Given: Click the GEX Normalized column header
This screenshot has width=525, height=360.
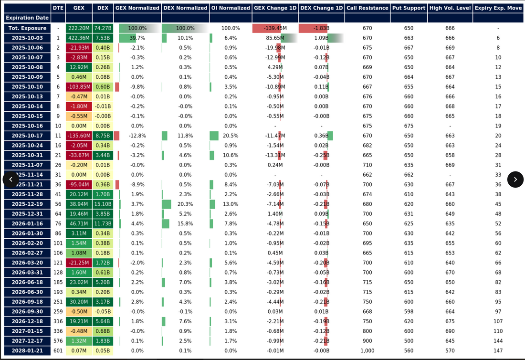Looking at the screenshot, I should tap(137, 8).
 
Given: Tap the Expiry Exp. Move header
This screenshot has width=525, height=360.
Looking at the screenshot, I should tap(498, 8).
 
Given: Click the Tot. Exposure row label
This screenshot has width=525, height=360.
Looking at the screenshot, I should tap(27, 28).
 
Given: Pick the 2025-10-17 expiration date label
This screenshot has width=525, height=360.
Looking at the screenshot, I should tap(27, 136).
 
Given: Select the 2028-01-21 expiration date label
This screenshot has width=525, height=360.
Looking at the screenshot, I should tap(27, 351).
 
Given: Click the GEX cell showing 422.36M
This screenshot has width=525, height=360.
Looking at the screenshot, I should tap(79, 38).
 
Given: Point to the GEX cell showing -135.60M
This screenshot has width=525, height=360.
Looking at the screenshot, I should tap(79, 136).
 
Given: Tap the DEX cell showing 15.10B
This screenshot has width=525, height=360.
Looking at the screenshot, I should tap(103, 204).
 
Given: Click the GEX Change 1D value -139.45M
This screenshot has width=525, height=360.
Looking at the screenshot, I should tap(274, 28).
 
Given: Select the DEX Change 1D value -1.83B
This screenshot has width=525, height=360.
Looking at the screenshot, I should tap(321, 28).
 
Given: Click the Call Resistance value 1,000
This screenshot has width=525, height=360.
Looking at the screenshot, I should tap(367, 351).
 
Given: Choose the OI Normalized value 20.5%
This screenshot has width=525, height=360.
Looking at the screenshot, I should tap(231, 136).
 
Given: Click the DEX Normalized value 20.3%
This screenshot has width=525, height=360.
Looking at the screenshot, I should tap(185, 204).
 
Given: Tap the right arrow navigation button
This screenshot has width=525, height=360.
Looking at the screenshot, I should tap(515, 180).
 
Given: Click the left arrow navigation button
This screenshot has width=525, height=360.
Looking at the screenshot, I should tap(11, 180).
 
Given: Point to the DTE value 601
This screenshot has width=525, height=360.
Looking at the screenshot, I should tap(58, 351).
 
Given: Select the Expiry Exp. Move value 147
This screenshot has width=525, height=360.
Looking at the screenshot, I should tap(498, 351).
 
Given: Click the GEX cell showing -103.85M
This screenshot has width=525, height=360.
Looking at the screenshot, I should tap(79, 87).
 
